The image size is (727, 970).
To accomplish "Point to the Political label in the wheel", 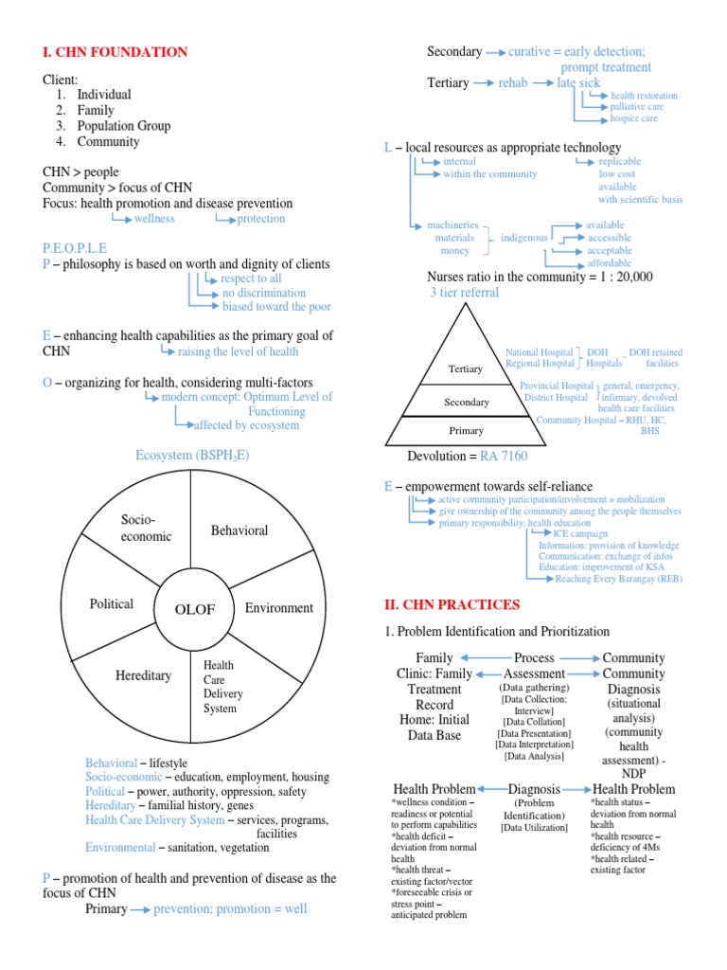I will pyautogui.click(x=112, y=603).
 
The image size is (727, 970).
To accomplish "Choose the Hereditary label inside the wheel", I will pyautogui.click(x=143, y=675).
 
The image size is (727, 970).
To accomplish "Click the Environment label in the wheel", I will pyautogui.click(x=279, y=608).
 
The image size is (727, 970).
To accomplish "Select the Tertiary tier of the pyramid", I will pyautogui.click(x=466, y=368).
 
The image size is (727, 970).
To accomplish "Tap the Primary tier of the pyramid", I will pyautogui.click(x=466, y=431).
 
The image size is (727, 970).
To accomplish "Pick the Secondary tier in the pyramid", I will pyautogui.click(x=466, y=402).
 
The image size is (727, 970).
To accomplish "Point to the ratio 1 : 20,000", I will pyautogui.click(x=621, y=277).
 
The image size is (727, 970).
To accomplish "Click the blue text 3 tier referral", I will pyautogui.click(x=464, y=293).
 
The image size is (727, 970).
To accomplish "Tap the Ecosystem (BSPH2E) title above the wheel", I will pyautogui.click(x=192, y=456).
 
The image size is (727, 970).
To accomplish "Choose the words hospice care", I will pyautogui.click(x=633, y=118).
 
